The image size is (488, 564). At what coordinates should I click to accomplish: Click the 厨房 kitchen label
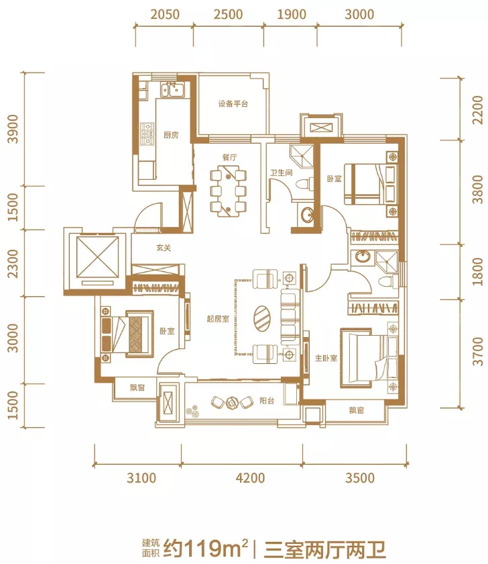click(x=171, y=135)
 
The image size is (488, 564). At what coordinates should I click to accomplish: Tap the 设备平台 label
click(x=233, y=104)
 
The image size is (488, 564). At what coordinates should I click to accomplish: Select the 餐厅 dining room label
click(x=229, y=157)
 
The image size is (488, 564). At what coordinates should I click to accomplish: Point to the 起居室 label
click(x=218, y=319)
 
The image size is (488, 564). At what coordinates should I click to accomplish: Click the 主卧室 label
click(x=326, y=358)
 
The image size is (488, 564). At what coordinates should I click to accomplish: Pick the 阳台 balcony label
click(x=267, y=401)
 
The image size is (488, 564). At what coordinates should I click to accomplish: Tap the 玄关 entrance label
click(x=164, y=248)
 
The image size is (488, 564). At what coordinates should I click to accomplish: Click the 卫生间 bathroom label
click(x=281, y=173)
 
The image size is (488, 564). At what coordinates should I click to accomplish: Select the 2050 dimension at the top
click(x=165, y=14)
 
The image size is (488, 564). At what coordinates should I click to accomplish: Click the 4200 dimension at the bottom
click(x=250, y=478)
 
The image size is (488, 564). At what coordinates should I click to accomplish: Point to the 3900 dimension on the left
click(x=13, y=129)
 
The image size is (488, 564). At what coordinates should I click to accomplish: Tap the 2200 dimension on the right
click(x=478, y=109)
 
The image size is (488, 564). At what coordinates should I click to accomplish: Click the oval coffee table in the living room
click(x=263, y=318)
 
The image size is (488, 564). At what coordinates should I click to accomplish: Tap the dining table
click(x=229, y=191)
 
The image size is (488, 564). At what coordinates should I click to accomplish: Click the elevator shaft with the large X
click(x=97, y=258)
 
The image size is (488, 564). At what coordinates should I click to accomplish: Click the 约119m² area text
click(x=206, y=549)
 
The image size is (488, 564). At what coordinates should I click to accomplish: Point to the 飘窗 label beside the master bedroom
click(x=357, y=410)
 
